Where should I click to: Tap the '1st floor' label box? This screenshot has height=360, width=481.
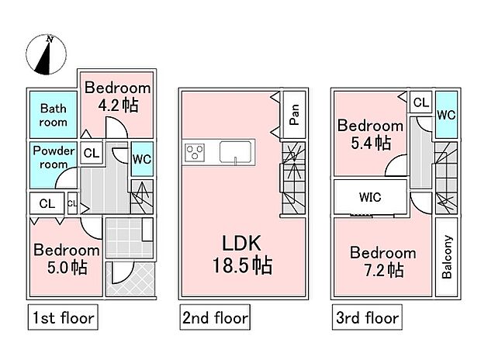tap(63, 317)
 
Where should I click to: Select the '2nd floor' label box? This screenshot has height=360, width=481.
tap(216, 317)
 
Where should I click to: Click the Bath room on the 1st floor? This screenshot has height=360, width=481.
tap(54, 116)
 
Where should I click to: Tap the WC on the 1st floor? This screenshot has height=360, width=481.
tap(141, 159)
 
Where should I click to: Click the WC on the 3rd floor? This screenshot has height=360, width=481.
tap(445, 113)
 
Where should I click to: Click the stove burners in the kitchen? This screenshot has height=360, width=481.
tap(194, 152)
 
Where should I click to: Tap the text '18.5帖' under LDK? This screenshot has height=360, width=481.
tap(242, 266)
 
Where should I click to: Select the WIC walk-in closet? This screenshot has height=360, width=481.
tap(370, 197)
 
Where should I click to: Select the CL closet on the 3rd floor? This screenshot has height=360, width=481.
tap(420, 102)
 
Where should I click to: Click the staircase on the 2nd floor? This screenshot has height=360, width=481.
tap(292, 181)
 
